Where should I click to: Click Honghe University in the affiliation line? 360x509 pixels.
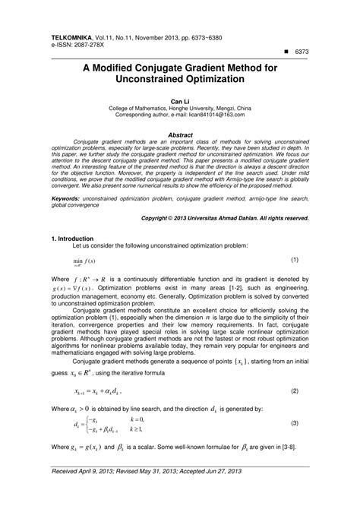(197, 108)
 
